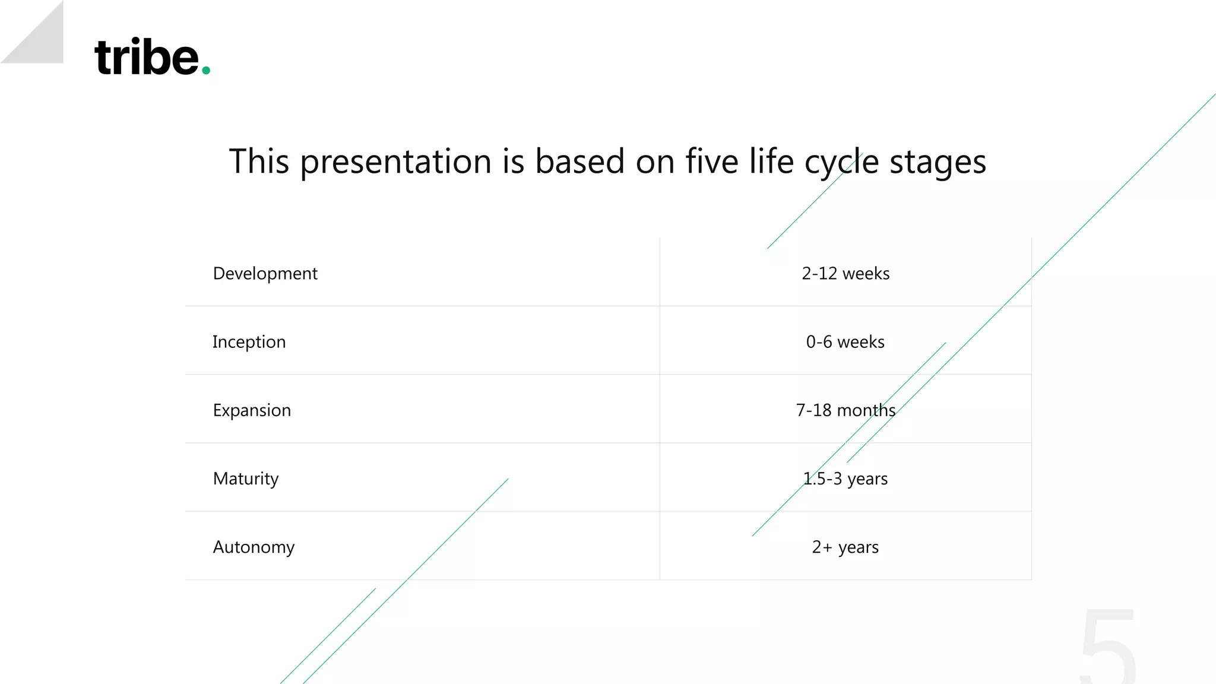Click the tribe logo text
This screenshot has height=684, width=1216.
147,58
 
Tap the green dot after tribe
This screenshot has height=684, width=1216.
206,71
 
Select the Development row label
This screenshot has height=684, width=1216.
265,274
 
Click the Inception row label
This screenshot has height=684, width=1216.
249,342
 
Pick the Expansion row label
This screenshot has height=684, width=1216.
252,410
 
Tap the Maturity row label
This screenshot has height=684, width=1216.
246,479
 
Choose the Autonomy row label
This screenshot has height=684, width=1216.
254,547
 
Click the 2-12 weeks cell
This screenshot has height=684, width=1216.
845,274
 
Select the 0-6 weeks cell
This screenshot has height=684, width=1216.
845,342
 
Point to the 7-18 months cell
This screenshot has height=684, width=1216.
845,410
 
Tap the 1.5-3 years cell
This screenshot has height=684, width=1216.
845,479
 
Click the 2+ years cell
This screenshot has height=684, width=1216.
845,547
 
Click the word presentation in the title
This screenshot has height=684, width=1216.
395,162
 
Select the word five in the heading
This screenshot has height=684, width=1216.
711,161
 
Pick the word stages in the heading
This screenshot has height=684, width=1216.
938,162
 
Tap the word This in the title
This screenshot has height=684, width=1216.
259,161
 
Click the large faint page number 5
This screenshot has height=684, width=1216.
1108,647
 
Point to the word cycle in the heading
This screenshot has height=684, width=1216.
841,162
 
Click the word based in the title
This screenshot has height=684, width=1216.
579,161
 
